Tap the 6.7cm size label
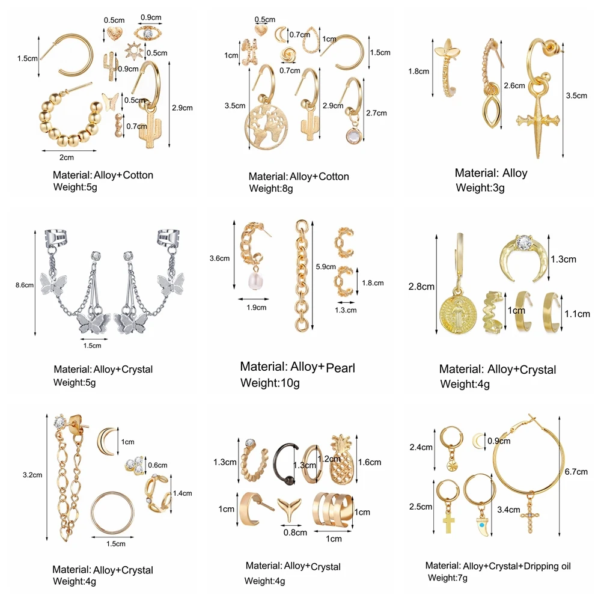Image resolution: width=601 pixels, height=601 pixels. tap(576, 472)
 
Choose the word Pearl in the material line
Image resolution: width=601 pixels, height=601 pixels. tap(340, 367)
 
